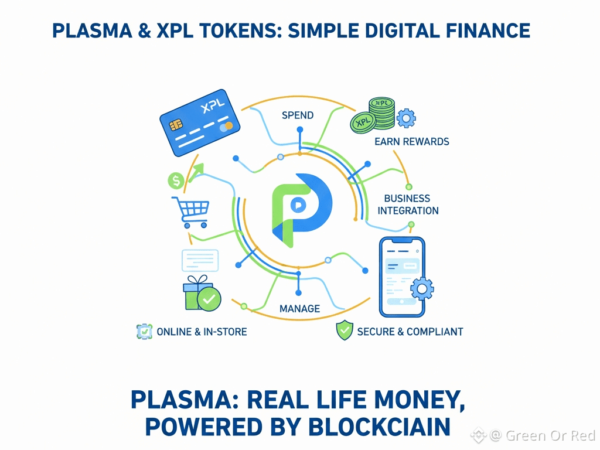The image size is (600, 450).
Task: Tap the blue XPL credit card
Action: [200, 125]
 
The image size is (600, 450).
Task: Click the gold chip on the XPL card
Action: [175, 125]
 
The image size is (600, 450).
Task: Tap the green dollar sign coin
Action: [176, 180]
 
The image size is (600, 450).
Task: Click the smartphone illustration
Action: [402, 276]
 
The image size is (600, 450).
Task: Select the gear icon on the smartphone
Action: [422, 288]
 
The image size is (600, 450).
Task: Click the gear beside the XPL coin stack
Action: [406, 118]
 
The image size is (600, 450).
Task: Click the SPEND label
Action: [298, 115]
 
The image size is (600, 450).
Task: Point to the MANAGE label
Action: [299, 308]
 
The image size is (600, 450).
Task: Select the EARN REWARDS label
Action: [412, 142]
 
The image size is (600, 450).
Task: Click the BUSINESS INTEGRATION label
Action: [408, 204]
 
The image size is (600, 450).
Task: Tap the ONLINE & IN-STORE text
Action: [202, 332]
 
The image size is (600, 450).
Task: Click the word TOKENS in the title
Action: [230, 30]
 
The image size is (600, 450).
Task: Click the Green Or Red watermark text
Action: [550, 435]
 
